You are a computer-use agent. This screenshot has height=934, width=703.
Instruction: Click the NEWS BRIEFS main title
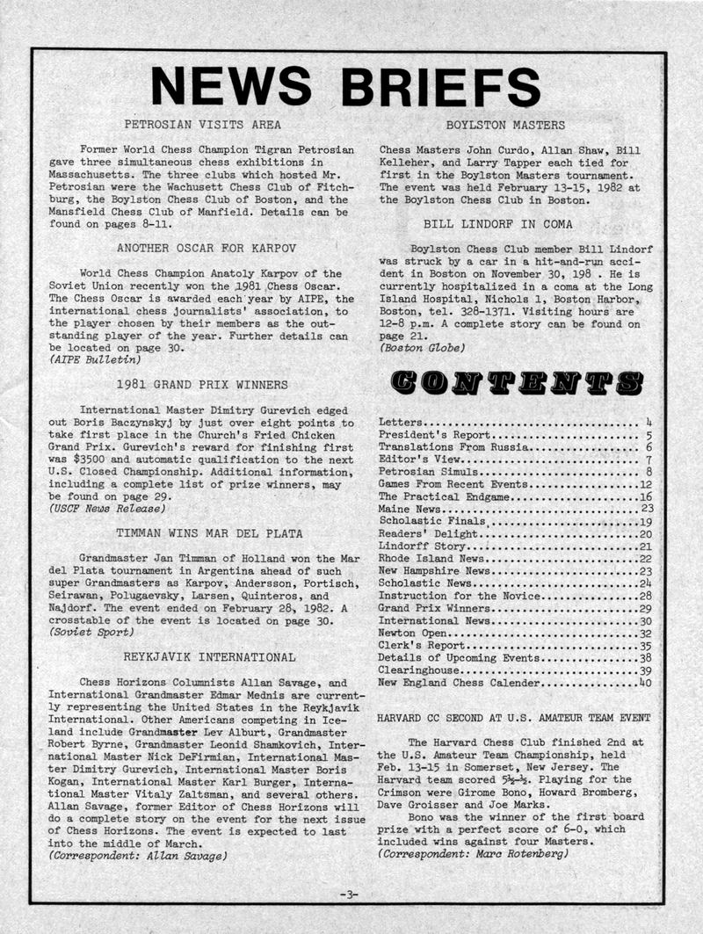345,86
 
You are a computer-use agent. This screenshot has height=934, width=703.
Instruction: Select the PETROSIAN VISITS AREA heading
202,125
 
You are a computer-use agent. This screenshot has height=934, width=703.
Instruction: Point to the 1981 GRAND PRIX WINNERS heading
202,384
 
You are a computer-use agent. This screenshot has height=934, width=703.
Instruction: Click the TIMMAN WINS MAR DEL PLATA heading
209,532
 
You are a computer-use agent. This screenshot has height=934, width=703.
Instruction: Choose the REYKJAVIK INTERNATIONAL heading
209,656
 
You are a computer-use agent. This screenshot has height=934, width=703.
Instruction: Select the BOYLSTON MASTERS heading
505,125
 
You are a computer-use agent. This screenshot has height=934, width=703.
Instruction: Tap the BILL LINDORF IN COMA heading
504,224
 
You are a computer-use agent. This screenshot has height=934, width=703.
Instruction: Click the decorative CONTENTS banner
516,381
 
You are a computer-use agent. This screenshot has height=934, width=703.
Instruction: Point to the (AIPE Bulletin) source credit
94,360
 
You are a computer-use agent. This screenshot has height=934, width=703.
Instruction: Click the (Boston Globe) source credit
422,347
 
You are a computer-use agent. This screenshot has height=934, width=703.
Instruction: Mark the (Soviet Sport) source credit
91,632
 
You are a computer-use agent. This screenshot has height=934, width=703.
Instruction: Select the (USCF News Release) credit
106,508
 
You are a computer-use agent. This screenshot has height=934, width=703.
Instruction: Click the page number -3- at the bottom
349,894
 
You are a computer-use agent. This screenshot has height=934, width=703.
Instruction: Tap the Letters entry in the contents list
402,423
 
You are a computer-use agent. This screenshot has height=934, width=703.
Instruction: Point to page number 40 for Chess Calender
644,682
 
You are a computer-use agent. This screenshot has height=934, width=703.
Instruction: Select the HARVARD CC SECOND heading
513,718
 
